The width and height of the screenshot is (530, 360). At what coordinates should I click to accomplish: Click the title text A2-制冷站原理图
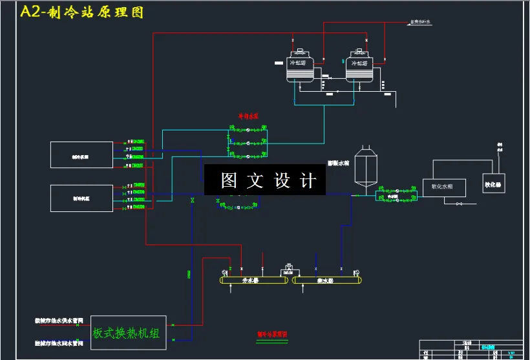tap(82, 12)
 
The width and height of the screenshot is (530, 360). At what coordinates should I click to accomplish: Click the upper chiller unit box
tap(81, 155)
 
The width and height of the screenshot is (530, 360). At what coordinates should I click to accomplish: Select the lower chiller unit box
tap(81, 198)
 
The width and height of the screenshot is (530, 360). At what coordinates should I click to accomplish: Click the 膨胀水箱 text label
tap(338, 163)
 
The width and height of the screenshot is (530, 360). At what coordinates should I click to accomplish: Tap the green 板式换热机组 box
tap(128, 333)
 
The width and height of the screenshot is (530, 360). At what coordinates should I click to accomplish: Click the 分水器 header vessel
tap(254, 280)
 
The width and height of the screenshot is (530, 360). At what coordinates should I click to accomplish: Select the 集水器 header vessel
tap(325, 280)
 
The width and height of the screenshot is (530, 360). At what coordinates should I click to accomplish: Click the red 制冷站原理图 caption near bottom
tap(272, 334)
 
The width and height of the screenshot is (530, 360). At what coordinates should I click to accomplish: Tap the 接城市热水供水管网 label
tap(58, 320)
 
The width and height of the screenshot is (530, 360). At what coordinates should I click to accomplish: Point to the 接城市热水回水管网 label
tap(58, 343)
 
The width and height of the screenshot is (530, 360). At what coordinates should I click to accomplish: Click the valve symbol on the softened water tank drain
tap(459, 204)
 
